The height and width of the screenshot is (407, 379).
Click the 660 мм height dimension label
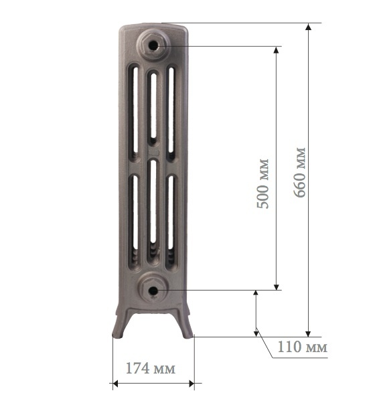[300, 172]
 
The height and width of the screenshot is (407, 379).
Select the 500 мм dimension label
[262, 183]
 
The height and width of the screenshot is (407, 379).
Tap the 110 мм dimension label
[303, 347]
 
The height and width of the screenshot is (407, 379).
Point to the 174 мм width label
[151, 368]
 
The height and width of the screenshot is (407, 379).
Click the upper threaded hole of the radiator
[153, 46]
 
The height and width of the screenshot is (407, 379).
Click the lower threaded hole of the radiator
[153, 291]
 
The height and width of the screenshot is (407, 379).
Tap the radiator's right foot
[185, 325]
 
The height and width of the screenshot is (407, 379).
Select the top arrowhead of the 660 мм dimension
[308, 27]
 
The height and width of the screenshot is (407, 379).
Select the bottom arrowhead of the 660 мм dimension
[308, 333]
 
